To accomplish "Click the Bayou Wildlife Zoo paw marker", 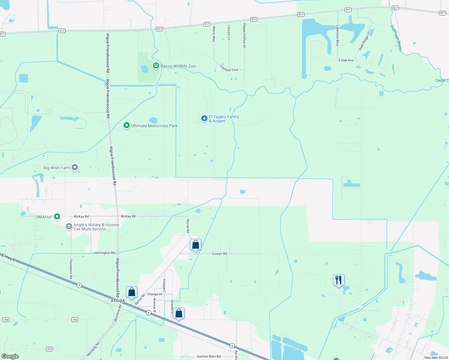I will (x=156, y=65).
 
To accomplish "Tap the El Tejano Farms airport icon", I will (x=204, y=118).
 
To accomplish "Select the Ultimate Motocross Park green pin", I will (x=127, y=125).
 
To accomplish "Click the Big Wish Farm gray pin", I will (x=75, y=167).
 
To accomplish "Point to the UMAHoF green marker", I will (x=57, y=216).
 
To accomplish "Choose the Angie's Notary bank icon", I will (x=69, y=226).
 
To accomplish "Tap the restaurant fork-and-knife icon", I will (x=339, y=280).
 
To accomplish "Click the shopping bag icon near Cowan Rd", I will (x=195, y=245).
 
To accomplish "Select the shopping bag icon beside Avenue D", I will (x=179, y=313).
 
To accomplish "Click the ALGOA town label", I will (x=118, y=301).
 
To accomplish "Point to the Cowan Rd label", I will (x=219, y=254).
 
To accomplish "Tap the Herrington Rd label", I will (x=104, y=253).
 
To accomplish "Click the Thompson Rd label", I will (x=71, y=269).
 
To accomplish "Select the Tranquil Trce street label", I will (x=229, y=69).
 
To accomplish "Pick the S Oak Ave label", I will (x=346, y=60).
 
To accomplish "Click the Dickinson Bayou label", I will (x=396, y=38).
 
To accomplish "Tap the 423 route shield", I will (x=50, y=349).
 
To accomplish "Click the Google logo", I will (x=10, y=356).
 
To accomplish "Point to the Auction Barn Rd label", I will (x=209, y=356).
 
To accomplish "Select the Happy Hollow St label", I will (x=244, y=35).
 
